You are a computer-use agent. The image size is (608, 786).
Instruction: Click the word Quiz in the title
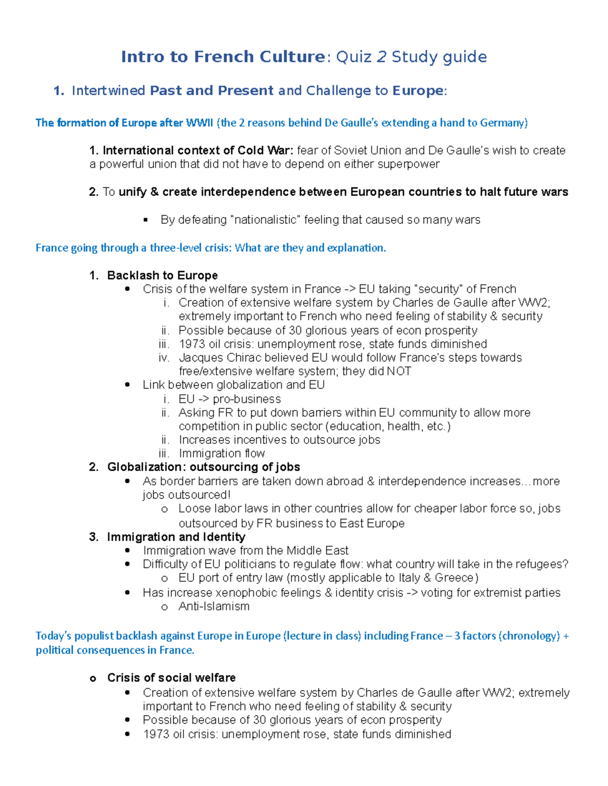click(354, 57)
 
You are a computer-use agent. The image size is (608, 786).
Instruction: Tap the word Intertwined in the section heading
click(108, 91)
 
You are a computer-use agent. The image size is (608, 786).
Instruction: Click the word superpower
click(409, 164)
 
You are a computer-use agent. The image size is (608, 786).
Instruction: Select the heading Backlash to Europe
click(162, 275)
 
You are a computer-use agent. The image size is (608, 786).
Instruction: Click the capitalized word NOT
click(399, 371)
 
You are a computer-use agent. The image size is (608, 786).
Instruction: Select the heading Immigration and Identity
click(176, 536)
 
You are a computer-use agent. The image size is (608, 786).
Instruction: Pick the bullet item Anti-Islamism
click(214, 606)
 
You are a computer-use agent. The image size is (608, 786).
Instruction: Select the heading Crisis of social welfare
click(171, 678)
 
